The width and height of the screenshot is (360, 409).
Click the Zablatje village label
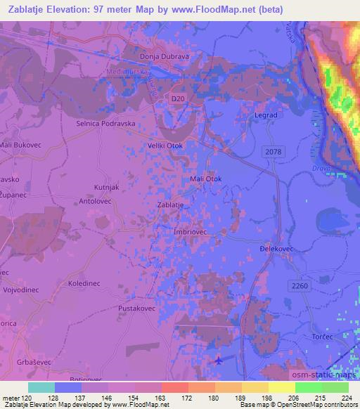pos(172,205)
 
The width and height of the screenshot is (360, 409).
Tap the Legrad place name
pos(265,115)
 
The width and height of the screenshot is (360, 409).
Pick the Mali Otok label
pos(206,179)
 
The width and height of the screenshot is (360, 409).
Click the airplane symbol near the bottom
pos(219,361)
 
